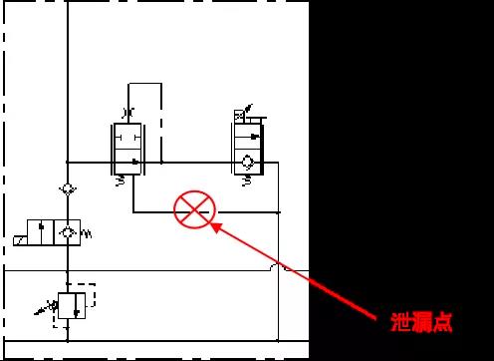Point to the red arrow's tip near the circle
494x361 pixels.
click(x=212, y=224)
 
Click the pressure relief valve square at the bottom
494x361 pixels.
click(x=68, y=305)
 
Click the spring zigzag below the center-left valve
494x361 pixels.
click(x=122, y=180)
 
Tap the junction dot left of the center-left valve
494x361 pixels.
click(x=67, y=162)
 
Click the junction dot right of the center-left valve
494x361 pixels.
click(x=159, y=162)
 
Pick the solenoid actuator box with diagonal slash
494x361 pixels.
click(x=20, y=240)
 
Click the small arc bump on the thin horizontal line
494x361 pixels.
click(x=278, y=268)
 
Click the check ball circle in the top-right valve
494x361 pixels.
click(x=247, y=160)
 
